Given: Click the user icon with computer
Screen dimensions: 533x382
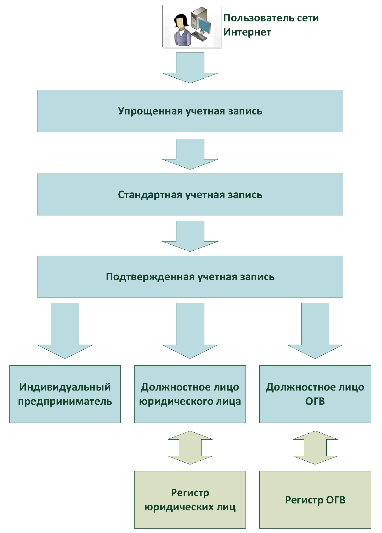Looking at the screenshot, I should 191,26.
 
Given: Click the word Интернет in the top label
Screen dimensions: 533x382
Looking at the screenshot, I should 247,32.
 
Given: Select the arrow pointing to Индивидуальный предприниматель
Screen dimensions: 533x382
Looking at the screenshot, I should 65,331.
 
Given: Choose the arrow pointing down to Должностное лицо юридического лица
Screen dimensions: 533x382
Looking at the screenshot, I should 190,331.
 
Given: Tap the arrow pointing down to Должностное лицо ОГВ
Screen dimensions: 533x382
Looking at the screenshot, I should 315,331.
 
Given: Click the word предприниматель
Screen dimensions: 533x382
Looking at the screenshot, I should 65,402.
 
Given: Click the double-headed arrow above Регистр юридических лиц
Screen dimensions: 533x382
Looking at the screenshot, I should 190,447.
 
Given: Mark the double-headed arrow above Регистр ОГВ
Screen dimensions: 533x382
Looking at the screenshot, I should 315,447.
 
